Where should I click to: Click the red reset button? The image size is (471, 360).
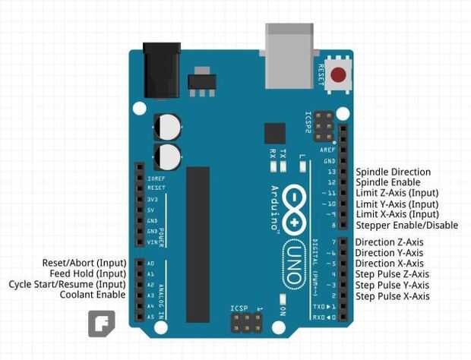pyautogui.click(x=337, y=75)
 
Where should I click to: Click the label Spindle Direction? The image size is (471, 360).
pyautogui.click(x=393, y=172)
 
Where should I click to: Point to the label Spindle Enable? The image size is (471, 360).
pyautogui.click(x=387, y=183)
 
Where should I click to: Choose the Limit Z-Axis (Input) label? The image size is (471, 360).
pyautogui.click(x=397, y=194)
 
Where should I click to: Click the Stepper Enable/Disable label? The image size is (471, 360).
pyautogui.click(x=406, y=226)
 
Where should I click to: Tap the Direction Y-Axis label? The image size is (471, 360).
pyautogui.click(x=389, y=253)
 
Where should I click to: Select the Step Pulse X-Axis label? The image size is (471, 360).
pyautogui.click(x=392, y=296)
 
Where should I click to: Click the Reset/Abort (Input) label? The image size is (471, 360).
pyautogui.click(x=84, y=263)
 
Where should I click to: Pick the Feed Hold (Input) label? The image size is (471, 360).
pyautogui.click(x=88, y=273)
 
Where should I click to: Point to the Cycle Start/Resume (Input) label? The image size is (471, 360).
pyautogui.click(x=68, y=284)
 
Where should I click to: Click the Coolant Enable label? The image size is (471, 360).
pyautogui.click(x=93, y=295)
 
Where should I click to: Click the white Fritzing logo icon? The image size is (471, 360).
pyautogui.click(x=101, y=324)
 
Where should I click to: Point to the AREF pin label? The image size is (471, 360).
pyautogui.click(x=329, y=150)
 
